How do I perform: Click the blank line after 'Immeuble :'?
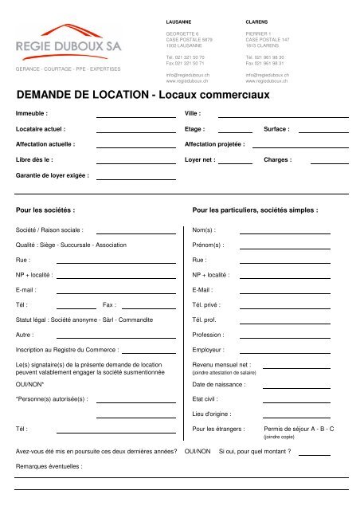(135, 116)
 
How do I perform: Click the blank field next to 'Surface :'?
(323, 130)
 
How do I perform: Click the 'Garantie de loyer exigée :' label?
(53, 175)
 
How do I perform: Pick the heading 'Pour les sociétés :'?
(45, 211)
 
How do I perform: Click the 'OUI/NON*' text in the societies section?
(30, 384)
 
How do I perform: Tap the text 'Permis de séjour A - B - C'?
(298, 429)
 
